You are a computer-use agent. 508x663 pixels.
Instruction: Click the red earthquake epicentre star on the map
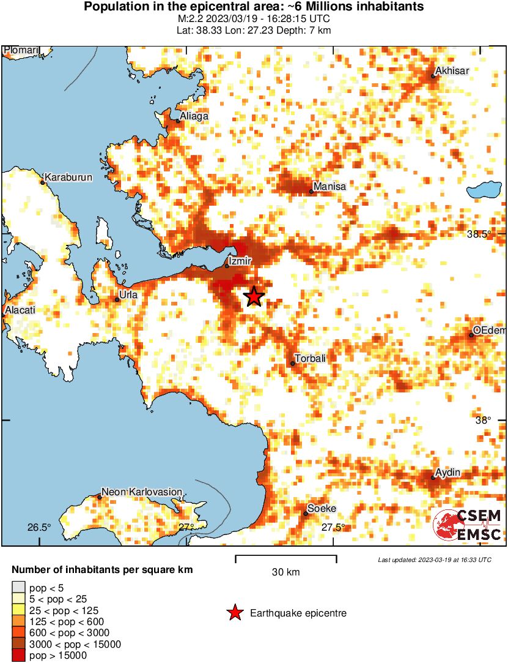tap(254, 297)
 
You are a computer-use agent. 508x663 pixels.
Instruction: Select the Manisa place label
tap(329, 186)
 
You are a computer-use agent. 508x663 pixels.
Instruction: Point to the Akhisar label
tap(452, 71)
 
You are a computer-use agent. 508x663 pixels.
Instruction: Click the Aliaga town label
tap(194, 116)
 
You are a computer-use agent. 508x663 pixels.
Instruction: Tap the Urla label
tap(129, 294)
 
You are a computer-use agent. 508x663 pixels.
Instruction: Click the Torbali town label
tap(311, 358)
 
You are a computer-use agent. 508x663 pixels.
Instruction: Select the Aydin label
tap(447, 473)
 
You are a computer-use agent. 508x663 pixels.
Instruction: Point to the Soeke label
tap(322, 508)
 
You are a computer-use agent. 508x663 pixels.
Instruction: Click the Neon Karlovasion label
tap(142, 492)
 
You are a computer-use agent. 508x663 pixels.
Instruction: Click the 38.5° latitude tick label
tap(479, 234)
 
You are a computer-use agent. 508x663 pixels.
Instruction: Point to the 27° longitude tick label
tap(186, 527)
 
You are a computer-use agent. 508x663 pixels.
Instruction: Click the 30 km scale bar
tap(285, 556)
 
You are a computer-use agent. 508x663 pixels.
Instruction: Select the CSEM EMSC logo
tap(468, 525)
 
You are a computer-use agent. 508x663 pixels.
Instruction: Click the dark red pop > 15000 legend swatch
tap(19, 656)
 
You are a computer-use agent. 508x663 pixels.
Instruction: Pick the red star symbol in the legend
tap(234, 613)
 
